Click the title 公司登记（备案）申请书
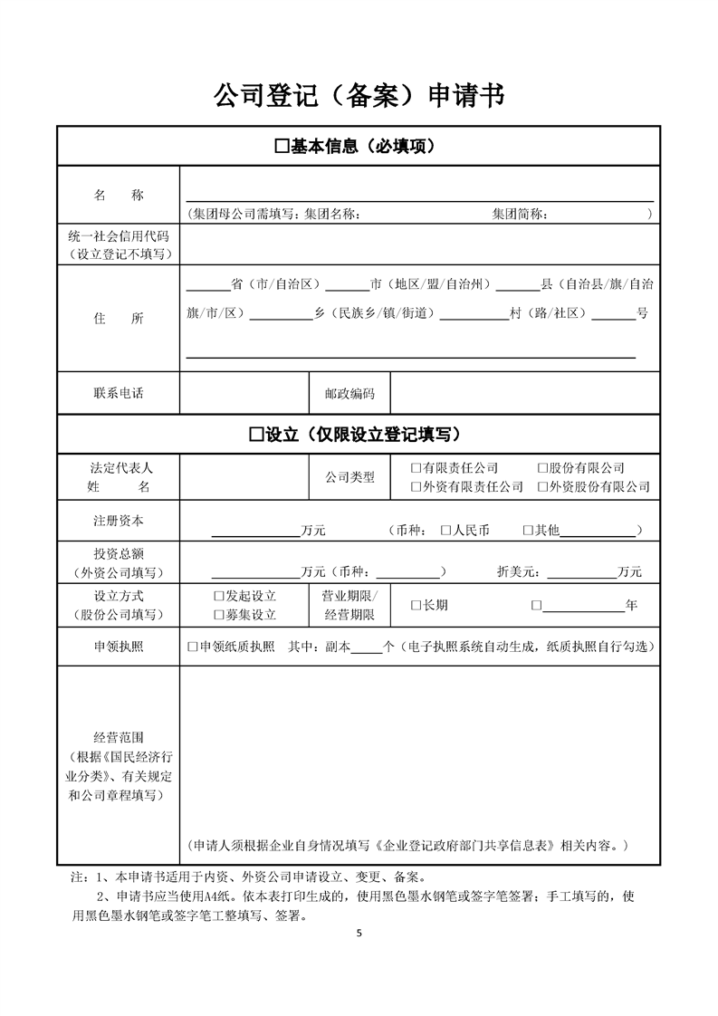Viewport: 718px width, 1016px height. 359,93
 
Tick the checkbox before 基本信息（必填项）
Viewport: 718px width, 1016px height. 281,147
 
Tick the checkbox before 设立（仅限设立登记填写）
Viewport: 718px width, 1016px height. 256,435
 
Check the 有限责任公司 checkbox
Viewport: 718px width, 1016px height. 416,468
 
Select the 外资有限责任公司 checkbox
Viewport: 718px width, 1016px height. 416,486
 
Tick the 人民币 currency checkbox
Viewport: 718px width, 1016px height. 445,530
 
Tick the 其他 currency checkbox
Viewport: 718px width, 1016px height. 528,530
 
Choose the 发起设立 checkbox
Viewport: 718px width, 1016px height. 218,596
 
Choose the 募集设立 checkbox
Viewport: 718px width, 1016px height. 218,615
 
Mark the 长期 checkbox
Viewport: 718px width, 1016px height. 416,605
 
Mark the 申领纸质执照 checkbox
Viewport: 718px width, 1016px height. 192,647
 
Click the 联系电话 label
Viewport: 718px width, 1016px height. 119,394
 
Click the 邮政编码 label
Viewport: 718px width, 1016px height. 349,394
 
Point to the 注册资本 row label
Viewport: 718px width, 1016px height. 119,521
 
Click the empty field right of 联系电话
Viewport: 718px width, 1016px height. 244,394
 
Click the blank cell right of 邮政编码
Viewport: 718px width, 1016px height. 524,394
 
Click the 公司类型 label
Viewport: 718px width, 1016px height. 349,477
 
